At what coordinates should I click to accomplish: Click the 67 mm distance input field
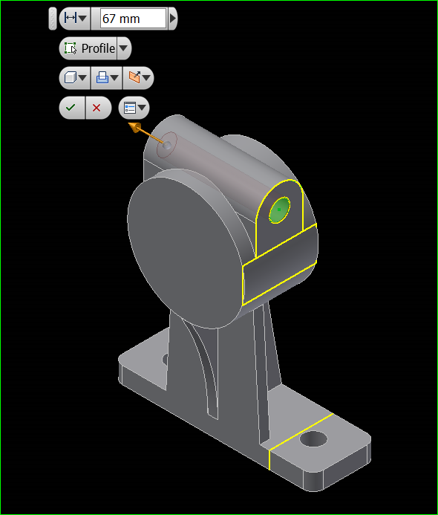[133, 18]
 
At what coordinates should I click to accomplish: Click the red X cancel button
[97, 108]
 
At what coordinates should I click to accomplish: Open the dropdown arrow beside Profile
[124, 48]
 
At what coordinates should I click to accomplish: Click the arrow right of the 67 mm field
[173, 18]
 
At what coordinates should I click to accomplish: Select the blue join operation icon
[105, 77]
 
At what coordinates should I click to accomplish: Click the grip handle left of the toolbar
[52, 18]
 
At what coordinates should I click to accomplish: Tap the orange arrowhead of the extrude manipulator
[135, 128]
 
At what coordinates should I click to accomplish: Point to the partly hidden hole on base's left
[164, 360]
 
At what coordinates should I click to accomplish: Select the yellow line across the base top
[300, 430]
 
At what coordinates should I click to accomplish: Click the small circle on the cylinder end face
[169, 146]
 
